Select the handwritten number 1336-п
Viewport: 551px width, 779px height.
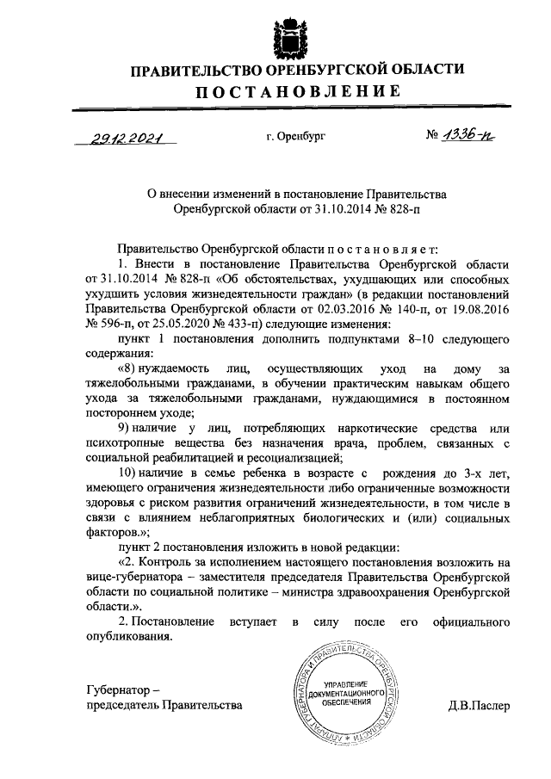469,136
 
